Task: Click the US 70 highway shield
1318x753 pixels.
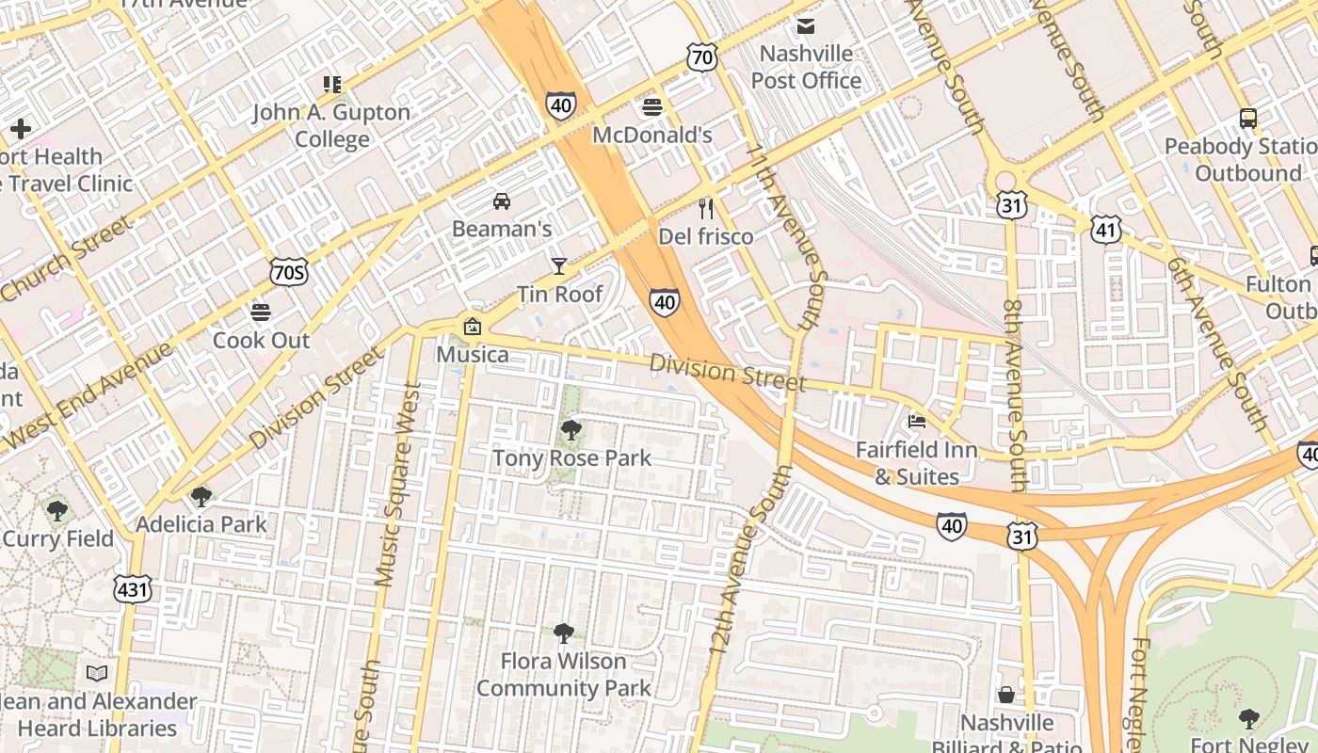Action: tap(702, 58)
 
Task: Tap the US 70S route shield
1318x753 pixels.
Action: tap(288, 273)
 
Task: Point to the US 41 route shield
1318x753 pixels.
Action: tap(1107, 229)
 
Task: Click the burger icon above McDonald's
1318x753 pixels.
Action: tap(652, 106)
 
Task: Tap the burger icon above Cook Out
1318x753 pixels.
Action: tap(261, 312)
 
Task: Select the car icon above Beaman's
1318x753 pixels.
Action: tap(502, 200)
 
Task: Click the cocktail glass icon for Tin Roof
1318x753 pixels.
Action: tap(559, 266)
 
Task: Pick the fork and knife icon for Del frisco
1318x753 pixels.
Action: tap(706, 208)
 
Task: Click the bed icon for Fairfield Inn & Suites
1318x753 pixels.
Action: tap(916, 422)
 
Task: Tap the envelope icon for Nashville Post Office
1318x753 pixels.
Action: tap(806, 25)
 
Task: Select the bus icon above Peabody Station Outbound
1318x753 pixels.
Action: tap(1248, 119)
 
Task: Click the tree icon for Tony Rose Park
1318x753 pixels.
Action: tap(571, 431)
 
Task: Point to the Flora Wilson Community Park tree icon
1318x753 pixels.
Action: tap(563, 633)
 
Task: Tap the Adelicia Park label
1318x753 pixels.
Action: tap(201, 523)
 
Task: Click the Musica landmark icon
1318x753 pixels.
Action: tap(472, 327)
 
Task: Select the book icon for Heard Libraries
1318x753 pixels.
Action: tap(97, 673)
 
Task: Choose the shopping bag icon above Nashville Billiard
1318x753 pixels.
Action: tap(1006, 695)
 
